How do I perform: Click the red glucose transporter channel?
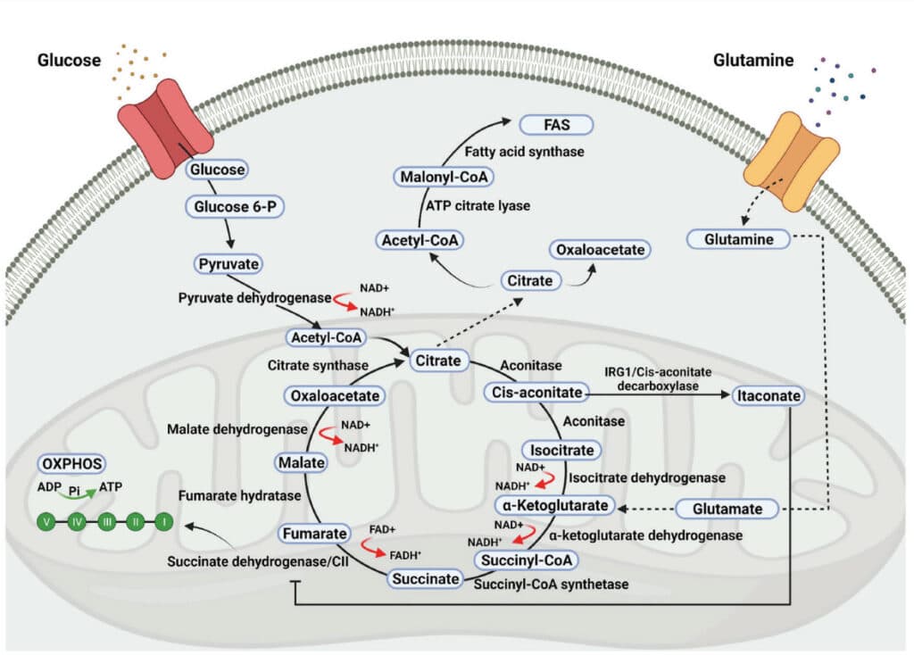(165, 129)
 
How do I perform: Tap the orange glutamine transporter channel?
(791, 162)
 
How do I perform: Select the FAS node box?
(556, 125)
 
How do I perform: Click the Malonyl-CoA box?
(444, 177)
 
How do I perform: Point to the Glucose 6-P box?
(235, 207)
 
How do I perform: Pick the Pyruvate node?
(228, 264)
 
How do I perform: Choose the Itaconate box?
(769, 395)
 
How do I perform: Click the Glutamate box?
(727, 509)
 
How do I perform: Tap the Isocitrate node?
(561, 450)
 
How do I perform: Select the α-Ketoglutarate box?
(555, 505)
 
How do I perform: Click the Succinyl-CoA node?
(527, 560)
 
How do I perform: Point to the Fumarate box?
(315, 534)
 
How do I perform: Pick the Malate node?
(302, 463)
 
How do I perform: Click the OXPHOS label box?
(72, 464)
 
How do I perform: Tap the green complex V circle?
(46, 521)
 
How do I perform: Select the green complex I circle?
(164, 521)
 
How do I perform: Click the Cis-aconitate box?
(536, 392)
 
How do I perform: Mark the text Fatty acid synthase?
(524, 152)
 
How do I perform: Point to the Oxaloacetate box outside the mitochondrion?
(600, 250)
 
